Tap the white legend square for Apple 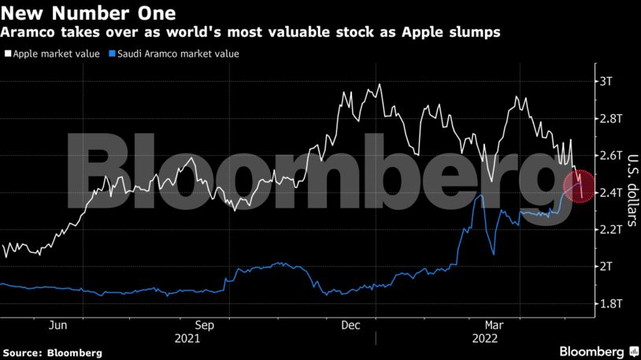click(7, 54)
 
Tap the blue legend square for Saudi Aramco click(113, 54)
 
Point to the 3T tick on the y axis click(606, 81)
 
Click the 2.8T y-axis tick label click(610, 118)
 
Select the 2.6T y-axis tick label click(610, 155)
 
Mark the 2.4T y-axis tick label click(610, 192)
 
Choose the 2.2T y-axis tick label click(610, 229)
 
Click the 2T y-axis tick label click(606, 266)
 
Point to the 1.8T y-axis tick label click(610, 303)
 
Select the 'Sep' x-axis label click(204, 325)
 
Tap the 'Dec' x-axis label click(350, 325)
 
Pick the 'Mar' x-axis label click(495, 325)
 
